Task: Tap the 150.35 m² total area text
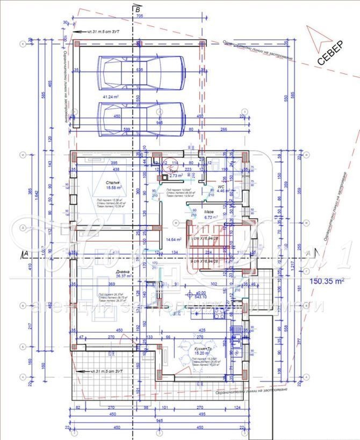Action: [x=325, y=280]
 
